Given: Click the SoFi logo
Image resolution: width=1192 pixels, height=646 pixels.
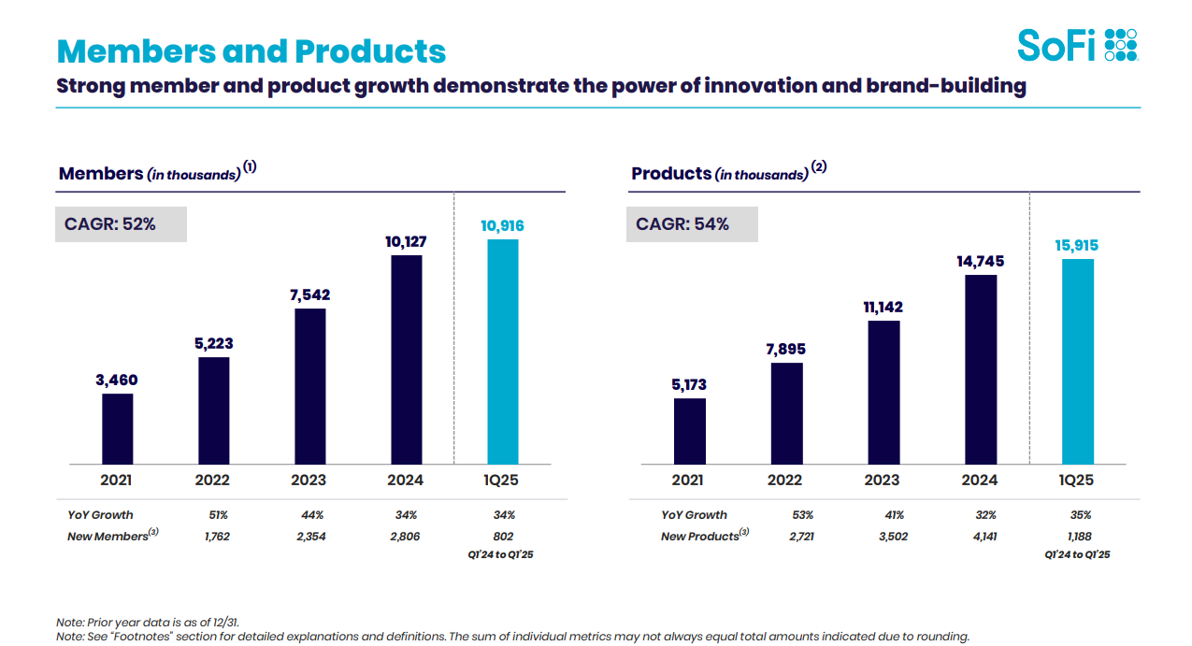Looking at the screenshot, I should (x=1077, y=44).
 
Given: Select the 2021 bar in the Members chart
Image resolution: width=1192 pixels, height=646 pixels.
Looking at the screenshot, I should (x=118, y=428).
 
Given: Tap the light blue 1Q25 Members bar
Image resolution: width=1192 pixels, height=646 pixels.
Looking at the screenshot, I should (x=503, y=352).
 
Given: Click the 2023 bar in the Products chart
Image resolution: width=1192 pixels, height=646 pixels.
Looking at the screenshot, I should (x=883, y=393).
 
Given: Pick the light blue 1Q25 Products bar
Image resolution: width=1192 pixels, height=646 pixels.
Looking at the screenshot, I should (x=1078, y=361).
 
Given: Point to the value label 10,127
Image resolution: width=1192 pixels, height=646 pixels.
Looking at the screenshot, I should (x=406, y=241).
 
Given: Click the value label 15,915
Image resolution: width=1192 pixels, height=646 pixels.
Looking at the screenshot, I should (x=1078, y=246).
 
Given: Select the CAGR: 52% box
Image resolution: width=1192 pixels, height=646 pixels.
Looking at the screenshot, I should (x=121, y=224).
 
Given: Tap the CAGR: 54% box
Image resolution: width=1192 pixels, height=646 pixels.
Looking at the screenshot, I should (x=692, y=224).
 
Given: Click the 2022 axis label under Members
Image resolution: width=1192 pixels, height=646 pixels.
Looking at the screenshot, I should (x=213, y=481).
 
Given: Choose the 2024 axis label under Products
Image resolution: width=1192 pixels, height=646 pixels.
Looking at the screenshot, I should (x=980, y=481).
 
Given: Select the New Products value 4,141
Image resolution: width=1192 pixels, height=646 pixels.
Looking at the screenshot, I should (x=980, y=537).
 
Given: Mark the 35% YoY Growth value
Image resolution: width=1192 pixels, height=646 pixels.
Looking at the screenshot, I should (x=1081, y=515).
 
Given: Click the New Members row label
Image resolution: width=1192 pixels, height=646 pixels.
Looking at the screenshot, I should (x=108, y=537).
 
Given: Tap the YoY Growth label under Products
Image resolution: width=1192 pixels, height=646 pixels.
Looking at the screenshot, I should (x=694, y=515).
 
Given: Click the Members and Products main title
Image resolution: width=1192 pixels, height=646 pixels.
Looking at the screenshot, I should (x=251, y=50).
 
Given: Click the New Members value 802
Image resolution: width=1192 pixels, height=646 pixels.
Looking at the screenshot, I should (x=504, y=537).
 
